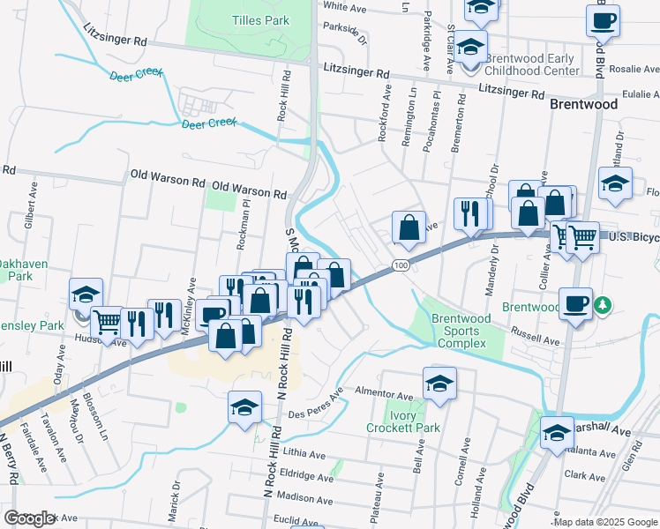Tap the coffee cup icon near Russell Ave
(x=575, y=303)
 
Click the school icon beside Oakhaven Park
(x=86, y=294)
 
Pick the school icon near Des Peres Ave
(x=244, y=406)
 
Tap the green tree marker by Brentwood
(x=604, y=306)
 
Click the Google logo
(x=29, y=518)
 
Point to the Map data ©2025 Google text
(x=605, y=522)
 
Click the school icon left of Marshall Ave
(x=557, y=433)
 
